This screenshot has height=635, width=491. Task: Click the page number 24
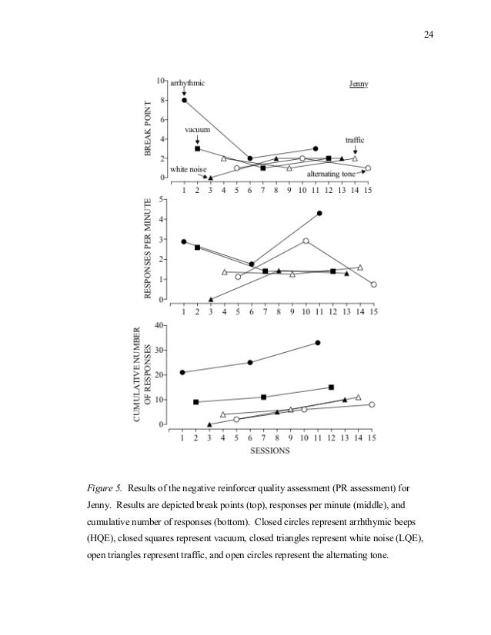click(x=429, y=35)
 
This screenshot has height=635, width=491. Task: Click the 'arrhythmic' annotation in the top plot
click(x=188, y=83)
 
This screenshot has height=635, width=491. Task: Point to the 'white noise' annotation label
click(x=186, y=168)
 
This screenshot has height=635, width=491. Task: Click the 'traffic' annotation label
click(x=354, y=140)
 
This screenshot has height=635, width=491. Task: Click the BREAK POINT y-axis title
click(x=149, y=130)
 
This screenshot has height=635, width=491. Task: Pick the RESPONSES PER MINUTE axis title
click(x=149, y=250)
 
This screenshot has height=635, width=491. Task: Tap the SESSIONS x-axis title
click(x=269, y=451)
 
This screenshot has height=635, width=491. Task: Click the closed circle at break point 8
click(x=184, y=100)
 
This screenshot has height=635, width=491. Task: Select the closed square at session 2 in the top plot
click(x=197, y=148)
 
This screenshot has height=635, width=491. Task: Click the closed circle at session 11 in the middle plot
click(x=319, y=213)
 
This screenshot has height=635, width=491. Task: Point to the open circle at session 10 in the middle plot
click(x=306, y=241)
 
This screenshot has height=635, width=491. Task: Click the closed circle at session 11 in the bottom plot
click(x=318, y=343)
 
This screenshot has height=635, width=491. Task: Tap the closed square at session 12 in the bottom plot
click(x=331, y=387)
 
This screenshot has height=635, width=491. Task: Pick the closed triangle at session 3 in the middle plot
click(x=210, y=299)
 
